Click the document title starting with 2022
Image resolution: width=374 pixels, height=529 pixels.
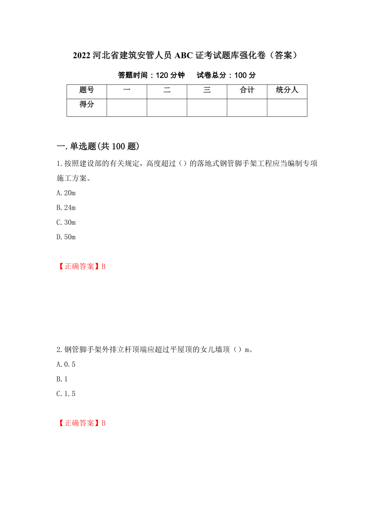pyautogui.click(x=187, y=56)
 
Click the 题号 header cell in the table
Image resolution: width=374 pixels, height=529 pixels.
pyautogui.click(x=87, y=91)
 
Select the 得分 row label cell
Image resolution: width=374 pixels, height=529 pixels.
pyautogui.click(x=87, y=105)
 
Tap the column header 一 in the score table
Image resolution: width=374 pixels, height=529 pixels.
pyautogui.click(x=127, y=91)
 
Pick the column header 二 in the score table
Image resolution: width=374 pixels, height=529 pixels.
pyautogui.click(x=167, y=91)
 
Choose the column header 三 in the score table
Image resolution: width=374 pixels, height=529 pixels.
pyautogui.click(x=207, y=91)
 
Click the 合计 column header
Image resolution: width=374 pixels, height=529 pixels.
pyautogui.click(x=247, y=91)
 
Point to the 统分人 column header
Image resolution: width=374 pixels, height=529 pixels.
pyautogui.click(x=287, y=91)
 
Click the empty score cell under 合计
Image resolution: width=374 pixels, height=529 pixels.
pyautogui.click(x=247, y=108)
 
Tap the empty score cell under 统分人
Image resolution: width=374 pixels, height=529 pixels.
pyautogui.click(x=287, y=108)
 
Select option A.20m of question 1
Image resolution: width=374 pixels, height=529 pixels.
pyautogui.click(x=66, y=193)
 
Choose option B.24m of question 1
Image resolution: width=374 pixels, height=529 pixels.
pyautogui.click(x=66, y=208)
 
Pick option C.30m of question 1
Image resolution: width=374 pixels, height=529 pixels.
pyautogui.click(x=66, y=222)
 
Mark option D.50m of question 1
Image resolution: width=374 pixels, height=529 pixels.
pyautogui.click(x=66, y=237)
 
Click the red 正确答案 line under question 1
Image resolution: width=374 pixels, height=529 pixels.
pyautogui.click(x=81, y=267)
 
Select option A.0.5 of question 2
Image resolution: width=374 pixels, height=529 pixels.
pyautogui.click(x=66, y=364)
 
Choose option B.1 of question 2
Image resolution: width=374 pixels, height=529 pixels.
pyautogui.click(x=62, y=379)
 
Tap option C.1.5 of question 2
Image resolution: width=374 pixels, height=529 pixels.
pyautogui.click(x=66, y=394)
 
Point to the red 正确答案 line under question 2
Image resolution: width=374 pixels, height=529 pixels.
pyautogui.click(x=81, y=423)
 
